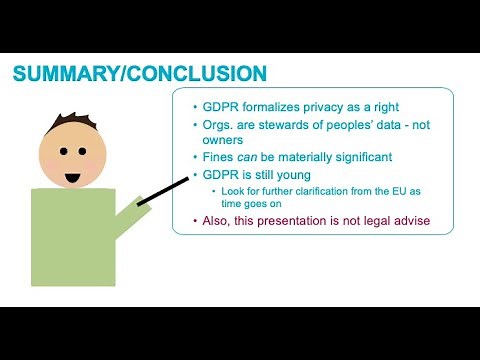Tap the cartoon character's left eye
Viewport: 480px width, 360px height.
tap(61, 152)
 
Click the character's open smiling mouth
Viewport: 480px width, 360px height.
tap(73, 177)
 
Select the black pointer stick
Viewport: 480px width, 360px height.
tap(165, 190)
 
